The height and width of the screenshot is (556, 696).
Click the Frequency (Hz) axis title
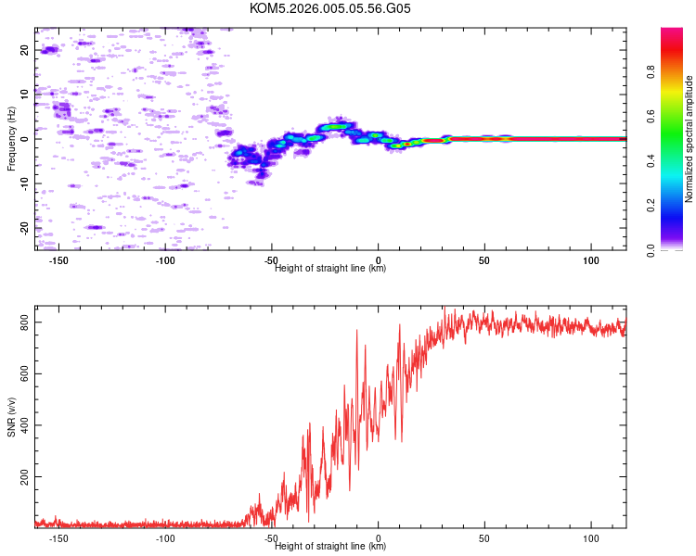click(x=11, y=139)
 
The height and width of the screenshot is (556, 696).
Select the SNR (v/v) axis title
click(x=11, y=418)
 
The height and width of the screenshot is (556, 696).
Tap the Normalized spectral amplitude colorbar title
click(x=689, y=139)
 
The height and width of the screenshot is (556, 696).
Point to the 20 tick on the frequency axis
click(x=26, y=50)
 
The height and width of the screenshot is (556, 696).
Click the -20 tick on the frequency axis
click(x=26, y=227)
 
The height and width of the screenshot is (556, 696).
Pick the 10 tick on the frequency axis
click(x=26, y=94)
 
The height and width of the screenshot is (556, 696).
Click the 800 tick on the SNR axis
click(x=21, y=322)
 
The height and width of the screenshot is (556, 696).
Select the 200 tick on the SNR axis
click(x=21, y=476)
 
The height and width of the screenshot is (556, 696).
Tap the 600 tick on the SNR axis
click(x=21, y=373)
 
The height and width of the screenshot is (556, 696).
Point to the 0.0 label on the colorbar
click(x=651, y=249)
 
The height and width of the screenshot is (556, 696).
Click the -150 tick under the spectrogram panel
click(x=58, y=259)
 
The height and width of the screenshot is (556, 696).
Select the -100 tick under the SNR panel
click(x=165, y=538)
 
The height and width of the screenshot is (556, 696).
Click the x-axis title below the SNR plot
click(x=330, y=547)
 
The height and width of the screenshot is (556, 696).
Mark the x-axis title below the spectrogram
click(x=330, y=268)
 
